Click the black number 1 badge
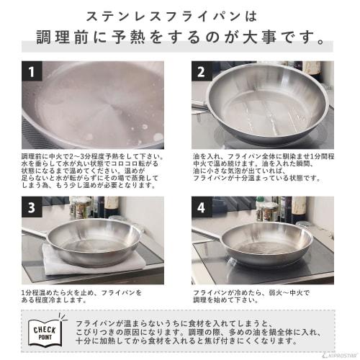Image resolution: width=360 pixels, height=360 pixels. pos(31,71)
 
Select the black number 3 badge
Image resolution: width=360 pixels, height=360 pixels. pos(31,207)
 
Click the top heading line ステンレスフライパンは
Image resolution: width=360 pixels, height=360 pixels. pos(179,15)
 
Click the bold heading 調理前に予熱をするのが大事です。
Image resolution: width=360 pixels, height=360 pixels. pos(180,38)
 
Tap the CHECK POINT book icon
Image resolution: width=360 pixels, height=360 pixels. pos(45,332)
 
